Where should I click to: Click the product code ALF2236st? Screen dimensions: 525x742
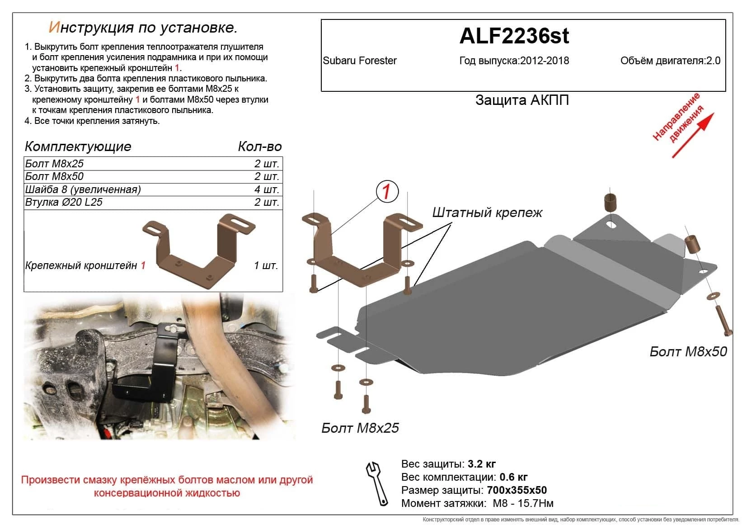pos(514,36)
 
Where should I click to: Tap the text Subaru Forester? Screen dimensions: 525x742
pos(360,61)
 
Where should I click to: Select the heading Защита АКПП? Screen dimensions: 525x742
pos(521,100)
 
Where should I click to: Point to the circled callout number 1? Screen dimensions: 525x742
pos(386,192)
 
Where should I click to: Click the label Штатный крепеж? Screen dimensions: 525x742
pos(487,213)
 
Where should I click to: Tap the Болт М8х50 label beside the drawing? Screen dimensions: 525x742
pos(688,351)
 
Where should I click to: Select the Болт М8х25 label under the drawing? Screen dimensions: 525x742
pos(360,428)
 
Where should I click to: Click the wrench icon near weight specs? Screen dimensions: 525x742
pos(377,483)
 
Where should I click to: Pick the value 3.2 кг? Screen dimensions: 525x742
pos(481,464)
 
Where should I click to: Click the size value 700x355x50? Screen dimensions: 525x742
pos(516,490)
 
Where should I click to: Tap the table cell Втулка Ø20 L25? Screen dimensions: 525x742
pos(64,202)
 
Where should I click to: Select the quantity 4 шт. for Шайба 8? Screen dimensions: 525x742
pos(267,189)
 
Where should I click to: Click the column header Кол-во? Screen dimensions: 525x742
pos(259,147)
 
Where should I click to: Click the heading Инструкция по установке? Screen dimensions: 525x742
pos(143,28)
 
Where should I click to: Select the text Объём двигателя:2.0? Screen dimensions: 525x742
pos(670,61)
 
